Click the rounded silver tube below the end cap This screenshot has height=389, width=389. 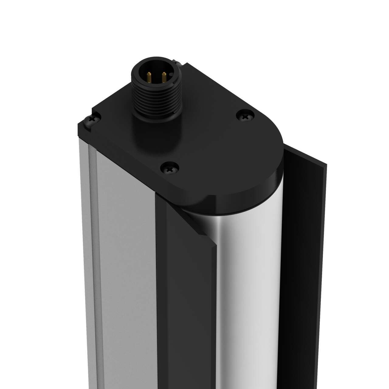point(249,289)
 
